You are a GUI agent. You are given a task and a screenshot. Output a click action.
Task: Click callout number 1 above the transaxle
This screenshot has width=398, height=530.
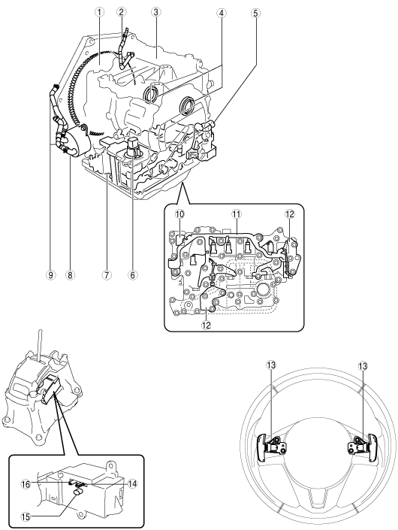tap(99, 12)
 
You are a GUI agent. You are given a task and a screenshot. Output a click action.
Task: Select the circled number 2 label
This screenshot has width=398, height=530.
tap(121, 12)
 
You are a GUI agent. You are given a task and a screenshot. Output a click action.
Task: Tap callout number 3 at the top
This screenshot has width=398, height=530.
tap(155, 12)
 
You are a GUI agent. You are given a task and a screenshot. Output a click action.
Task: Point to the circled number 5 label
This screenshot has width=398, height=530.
tap(255, 14)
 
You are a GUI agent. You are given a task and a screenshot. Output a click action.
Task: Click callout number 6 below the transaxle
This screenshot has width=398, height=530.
tap(132, 275)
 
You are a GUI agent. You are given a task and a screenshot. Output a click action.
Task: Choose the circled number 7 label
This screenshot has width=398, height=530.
tap(107, 275)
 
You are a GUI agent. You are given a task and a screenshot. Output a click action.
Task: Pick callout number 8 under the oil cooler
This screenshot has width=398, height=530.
tap(70, 275)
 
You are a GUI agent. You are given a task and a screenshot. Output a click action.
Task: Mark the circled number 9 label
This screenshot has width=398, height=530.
tap(50, 275)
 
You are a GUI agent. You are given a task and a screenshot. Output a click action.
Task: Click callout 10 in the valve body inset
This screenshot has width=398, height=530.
tap(179, 214)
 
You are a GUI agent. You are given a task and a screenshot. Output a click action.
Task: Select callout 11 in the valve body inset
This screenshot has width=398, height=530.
tap(236, 214)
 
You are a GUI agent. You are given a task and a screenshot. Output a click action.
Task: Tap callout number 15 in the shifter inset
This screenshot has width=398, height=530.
tap(26, 516)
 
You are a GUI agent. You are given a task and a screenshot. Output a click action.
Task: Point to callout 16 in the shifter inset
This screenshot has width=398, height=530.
tap(26, 484)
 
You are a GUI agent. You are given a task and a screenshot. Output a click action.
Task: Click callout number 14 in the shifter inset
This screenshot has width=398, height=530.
tap(133, 484)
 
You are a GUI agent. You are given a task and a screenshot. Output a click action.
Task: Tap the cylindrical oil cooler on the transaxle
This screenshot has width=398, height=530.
tap(77, 142)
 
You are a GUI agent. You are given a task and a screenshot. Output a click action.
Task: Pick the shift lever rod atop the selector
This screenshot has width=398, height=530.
tap(40, 345)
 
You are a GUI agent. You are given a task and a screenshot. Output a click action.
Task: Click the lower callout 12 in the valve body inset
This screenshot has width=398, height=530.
tap(207, 325)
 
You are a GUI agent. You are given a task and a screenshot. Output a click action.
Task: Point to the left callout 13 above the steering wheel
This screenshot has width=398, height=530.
tap(271, 365)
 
